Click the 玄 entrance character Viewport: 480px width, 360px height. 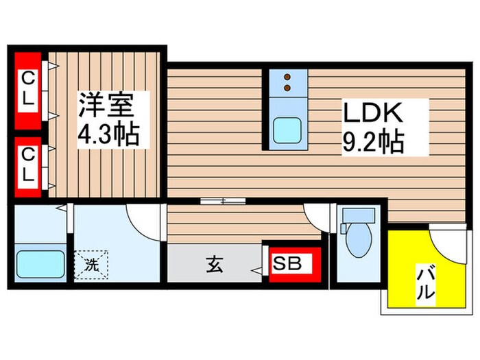coord(214,264)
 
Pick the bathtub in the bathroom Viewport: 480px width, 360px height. coord(39,263)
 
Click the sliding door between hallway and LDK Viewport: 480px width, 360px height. coord(223,202)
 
